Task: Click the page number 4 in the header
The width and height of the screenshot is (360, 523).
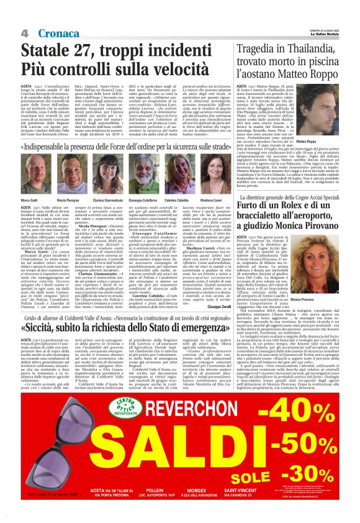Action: pos(24,32)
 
